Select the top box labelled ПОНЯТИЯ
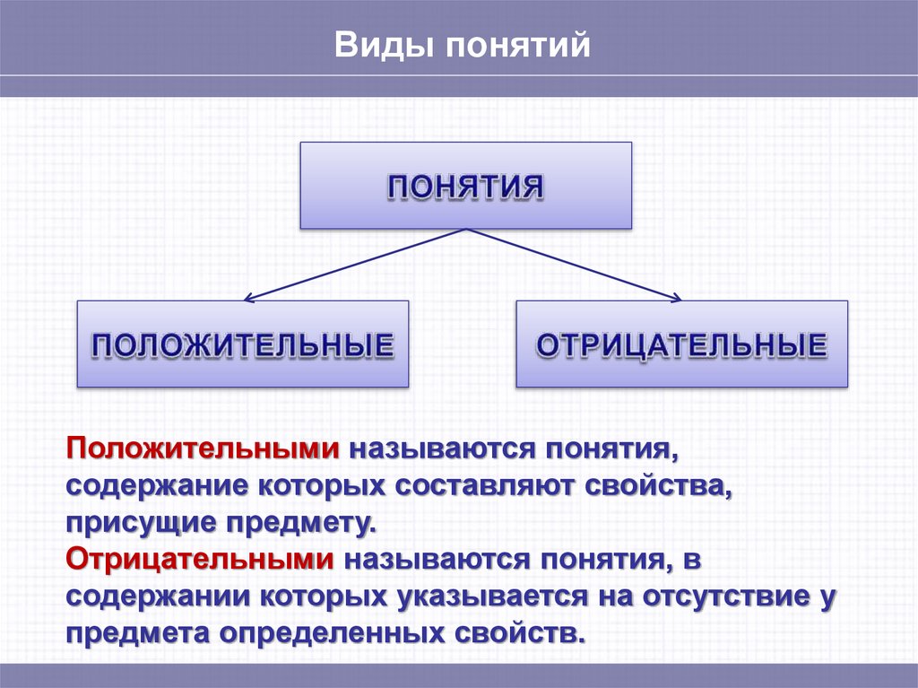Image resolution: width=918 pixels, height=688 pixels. click(466, 186)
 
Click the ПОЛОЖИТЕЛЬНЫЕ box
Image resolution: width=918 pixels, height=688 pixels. click(243, 344)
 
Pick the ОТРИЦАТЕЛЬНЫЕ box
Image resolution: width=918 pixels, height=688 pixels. click(681, 344)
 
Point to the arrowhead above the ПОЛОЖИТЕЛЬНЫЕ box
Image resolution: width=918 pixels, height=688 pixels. click(249, 297)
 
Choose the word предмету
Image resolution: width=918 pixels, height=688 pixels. click(299, 523)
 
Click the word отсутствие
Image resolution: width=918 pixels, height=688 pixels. click(713, 597)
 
